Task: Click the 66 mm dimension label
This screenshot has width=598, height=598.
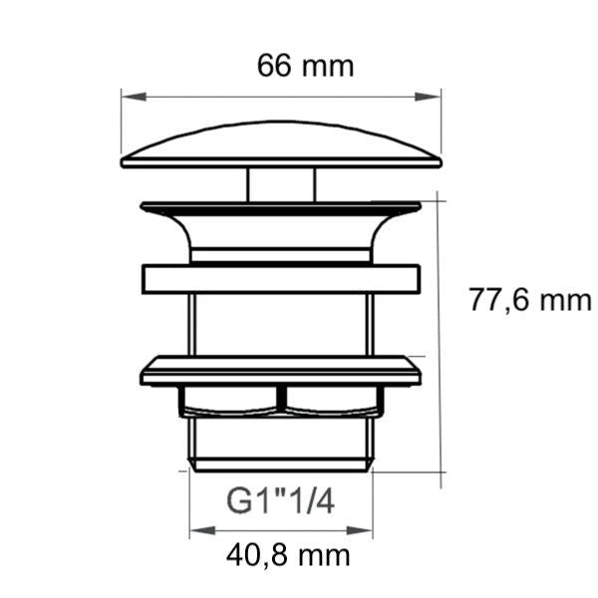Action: click(306, 66)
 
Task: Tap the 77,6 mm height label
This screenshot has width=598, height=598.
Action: click(530, 300)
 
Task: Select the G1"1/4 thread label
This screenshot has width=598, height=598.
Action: click(281, 501)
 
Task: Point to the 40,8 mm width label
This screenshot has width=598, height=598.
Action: click(288, 556)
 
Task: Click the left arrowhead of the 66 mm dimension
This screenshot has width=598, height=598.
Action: click(134, 97)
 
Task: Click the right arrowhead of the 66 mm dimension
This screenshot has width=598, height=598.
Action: click(428, 97)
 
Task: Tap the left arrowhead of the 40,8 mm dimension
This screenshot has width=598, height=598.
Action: click(202, 530)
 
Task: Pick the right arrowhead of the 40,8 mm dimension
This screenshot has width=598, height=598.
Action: click(359, 530)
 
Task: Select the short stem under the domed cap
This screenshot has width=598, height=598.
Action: click(281, 185)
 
